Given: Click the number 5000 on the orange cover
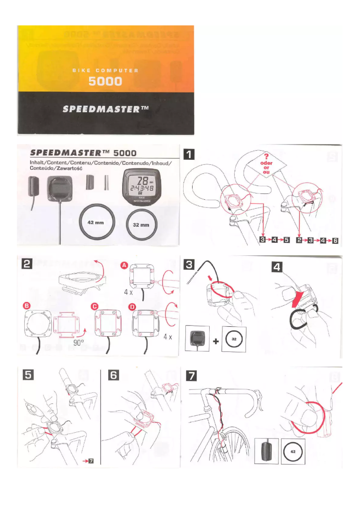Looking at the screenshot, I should (x=105, y=81).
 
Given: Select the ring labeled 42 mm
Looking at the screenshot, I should (x=97, y=224).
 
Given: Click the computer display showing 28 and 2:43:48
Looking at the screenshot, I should (x=141, y=185).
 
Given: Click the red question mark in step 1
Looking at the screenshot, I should (x=267, y=156).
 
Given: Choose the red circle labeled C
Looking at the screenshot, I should (x=95, y=306).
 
